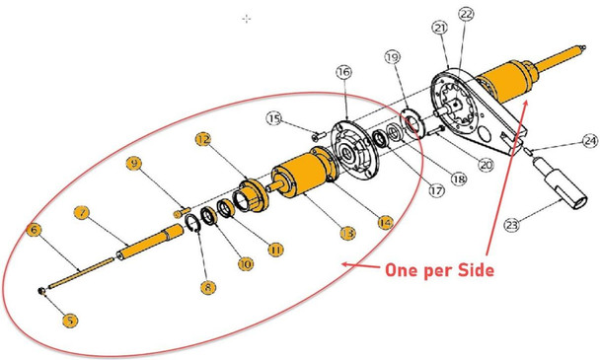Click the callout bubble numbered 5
[70, 320]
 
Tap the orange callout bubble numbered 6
[34, 230]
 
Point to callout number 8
[206, 287]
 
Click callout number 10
[244, 264]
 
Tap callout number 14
[384, 222]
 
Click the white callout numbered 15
[275, 119]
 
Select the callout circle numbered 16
[343, 72]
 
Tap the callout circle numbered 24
[589, 141]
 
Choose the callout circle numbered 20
[486, 166]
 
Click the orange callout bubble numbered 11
[275, 251]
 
